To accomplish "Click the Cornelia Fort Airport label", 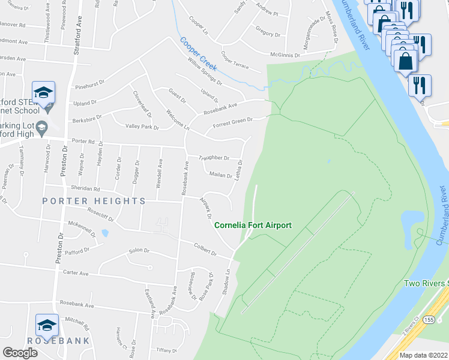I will (253, 225).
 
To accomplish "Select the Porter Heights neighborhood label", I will (94, 201).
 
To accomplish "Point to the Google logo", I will (20, 352).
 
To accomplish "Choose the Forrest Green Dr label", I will (233, 123).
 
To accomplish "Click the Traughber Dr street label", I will (214, 158).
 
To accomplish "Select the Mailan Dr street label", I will (220, 175).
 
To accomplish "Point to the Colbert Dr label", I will (205, 248).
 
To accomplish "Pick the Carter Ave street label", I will (76, 273).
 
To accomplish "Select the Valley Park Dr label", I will (142, 127).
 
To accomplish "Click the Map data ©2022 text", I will (424, 355).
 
